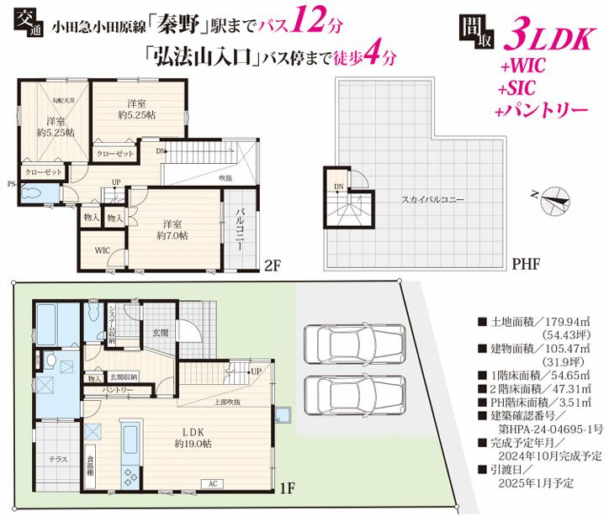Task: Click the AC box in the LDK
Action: (x=212, y=483)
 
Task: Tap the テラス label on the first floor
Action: (x=57, y=460)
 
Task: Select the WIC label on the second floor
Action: (x=102, y=250)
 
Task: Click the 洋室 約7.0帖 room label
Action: (x=173, y=229)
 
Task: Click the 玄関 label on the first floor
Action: (x=160, y=333)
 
